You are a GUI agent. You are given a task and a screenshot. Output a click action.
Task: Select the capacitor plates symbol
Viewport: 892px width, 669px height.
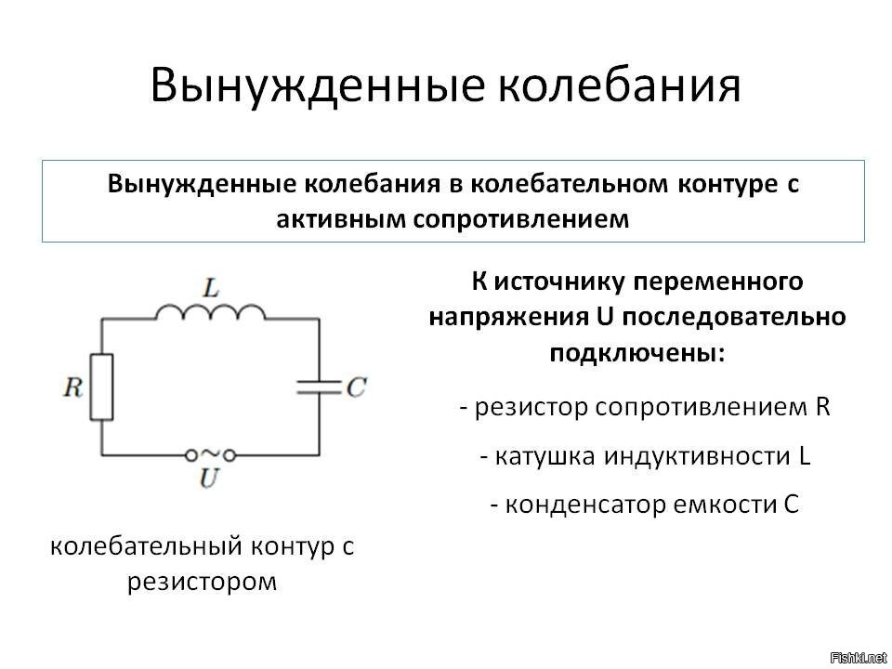click(320, 387)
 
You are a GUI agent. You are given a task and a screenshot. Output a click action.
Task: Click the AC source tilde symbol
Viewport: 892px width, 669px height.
click(210, 454)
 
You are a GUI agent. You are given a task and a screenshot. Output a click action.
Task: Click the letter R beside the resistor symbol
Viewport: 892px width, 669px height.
click(72, 387)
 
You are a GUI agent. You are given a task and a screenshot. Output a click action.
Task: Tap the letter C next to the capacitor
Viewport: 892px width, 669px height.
click(355, 387)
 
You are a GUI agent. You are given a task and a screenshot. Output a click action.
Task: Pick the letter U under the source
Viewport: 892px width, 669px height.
click(209, 479)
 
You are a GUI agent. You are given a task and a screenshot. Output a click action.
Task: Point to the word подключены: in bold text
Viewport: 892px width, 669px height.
click(636, 354)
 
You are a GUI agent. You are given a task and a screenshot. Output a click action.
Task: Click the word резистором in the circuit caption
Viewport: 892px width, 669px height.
click(202, 583)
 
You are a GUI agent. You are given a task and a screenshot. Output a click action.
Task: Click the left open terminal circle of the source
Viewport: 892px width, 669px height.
click(190, 454)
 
